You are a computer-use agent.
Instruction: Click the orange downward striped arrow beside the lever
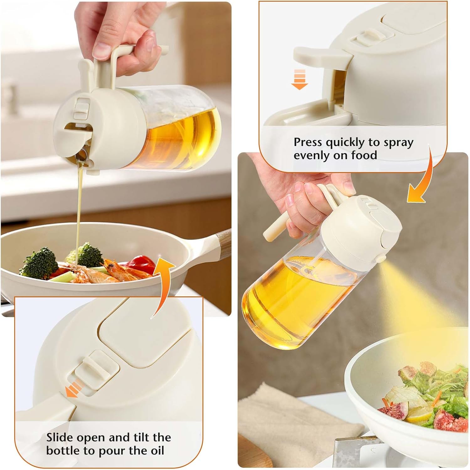tap(299, 80)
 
